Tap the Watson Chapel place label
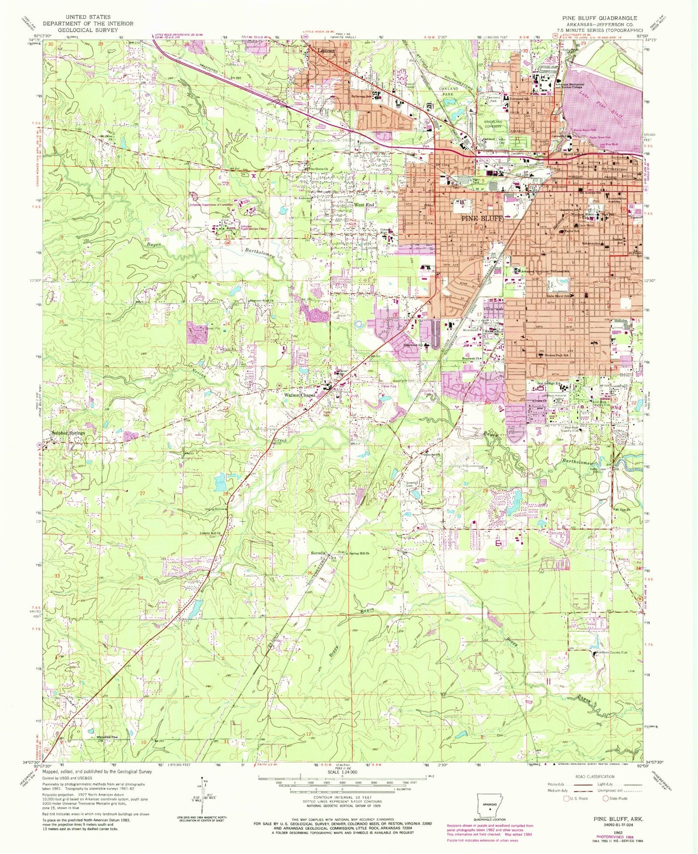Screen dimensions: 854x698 299,396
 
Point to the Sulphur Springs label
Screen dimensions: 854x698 68,433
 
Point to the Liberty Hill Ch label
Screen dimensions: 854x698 210,533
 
